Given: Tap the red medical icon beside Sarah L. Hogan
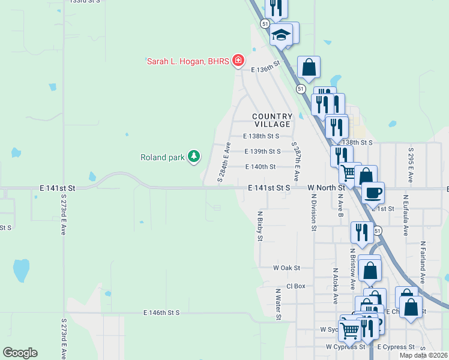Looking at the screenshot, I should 238,60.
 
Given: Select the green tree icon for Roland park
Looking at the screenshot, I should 193,157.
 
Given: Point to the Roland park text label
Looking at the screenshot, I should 162,158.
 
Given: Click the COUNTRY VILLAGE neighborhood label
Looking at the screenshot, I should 272,120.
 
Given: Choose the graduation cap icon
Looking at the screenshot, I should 280,34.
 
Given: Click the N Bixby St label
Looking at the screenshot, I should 260,226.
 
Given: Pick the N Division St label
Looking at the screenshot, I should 313,212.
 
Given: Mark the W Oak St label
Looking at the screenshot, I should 286,268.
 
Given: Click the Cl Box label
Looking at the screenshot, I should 296,286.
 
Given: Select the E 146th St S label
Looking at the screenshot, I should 161,313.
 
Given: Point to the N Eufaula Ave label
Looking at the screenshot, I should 406,213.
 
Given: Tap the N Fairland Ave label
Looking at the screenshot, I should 423,263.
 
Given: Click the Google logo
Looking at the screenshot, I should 20,353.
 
